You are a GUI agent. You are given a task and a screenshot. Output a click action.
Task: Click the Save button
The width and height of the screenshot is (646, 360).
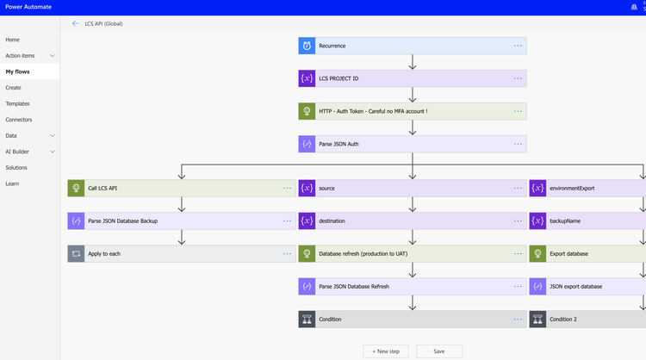(438, 351)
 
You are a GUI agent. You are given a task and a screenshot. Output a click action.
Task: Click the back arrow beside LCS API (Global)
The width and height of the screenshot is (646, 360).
(76, 23)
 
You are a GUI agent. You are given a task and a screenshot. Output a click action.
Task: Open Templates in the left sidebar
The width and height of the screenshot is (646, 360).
(17, 103)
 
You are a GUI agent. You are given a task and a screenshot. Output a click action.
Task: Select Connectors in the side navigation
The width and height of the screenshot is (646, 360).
(19, 120)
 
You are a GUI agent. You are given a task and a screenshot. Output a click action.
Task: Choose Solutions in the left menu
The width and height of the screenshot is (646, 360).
(16, 168)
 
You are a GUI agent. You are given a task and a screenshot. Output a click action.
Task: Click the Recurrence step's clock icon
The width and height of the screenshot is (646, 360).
(307, 46)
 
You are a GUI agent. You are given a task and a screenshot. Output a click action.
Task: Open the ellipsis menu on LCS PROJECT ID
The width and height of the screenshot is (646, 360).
(518, 78)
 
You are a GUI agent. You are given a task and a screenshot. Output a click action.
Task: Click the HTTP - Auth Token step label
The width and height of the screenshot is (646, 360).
(373, 111)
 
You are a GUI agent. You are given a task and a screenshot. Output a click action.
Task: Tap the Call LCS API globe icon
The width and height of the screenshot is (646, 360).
(76, 188)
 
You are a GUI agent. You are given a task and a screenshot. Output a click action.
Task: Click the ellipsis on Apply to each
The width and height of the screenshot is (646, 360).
(287, 254)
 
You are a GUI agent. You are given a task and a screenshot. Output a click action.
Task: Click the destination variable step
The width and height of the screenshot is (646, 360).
(332, 220)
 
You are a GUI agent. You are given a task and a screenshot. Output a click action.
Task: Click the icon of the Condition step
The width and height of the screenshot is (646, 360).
(307, 320)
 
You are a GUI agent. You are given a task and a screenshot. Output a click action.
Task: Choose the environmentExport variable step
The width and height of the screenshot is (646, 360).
(572, 188)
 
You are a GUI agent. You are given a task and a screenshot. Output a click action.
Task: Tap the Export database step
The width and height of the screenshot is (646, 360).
(569, 254)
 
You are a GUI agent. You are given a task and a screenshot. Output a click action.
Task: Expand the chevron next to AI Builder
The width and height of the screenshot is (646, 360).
(53, 152)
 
